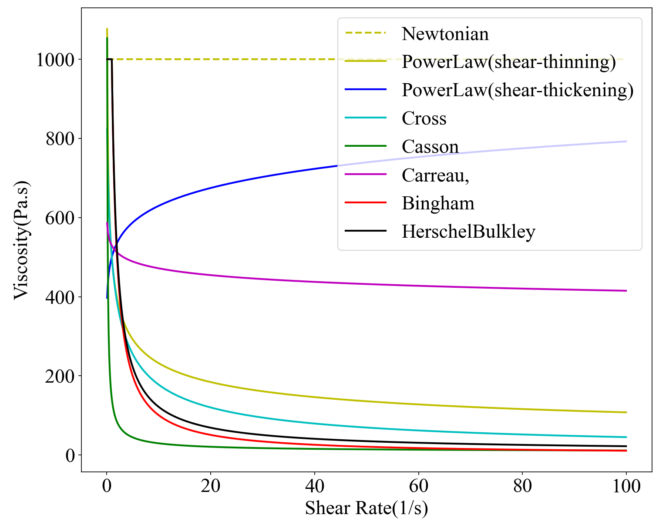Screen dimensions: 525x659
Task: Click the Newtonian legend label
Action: pyautogui.click(x=445, y=34)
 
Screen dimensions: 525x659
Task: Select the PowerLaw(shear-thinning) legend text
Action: pyautogui.click(x=508, y=62)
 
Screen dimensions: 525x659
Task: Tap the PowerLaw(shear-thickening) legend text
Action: pyautogui.click(x=517, y=90)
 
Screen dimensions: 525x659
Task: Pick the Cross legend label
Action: pyautogui.click(x=424, y=118)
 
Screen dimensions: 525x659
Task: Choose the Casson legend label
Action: pyautogui.click(x=430, y=147)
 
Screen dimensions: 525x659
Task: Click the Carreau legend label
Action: pyautogui.click(x=435, y=175)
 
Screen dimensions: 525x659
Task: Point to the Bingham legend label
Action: pyautogui.click(x=438, y=203)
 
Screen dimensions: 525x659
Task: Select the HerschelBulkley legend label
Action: pyautogui.click(x=468, y=232)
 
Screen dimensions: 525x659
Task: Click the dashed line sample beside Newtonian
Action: pyautogui.click(x=366, y=33)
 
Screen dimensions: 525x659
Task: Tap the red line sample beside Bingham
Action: pyautogui.click(x=366, y=202)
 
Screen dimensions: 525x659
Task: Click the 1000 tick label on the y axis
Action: pyautogui.click(x=55, y=60)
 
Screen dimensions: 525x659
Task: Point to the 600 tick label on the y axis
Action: pyautogui.click(x=60, y=218)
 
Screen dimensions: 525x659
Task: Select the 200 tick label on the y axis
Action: pyautogui.click(x=60, y=376)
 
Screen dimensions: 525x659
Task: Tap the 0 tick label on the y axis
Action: pyautogui.click(x=70, y=455)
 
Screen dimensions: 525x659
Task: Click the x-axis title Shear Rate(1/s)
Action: pyautogui.click(x=366, y=508)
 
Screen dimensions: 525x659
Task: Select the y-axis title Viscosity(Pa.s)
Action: pyautogui.click(x=21, y=240)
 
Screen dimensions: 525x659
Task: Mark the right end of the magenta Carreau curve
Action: pyautogui.click(x=626, y=290)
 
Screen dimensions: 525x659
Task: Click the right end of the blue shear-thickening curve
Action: pyautogui.click(x=626, y=141)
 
